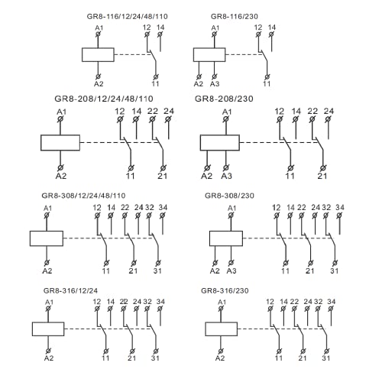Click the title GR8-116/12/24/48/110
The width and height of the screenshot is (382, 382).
point(127,17)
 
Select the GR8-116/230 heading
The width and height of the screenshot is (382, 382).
point(235,17)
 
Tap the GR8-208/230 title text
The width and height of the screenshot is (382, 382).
point(224,99)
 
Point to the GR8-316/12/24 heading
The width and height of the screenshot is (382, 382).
point(70,290)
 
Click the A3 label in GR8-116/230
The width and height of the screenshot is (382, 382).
point(215,84)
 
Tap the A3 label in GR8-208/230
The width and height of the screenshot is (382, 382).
point(226,176)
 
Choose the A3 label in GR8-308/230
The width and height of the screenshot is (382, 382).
point(231,271)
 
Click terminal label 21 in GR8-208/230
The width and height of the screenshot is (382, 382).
point(322,176)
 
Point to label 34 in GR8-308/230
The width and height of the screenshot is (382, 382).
point(340,208)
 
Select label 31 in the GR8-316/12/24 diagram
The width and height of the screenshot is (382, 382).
point(155,358)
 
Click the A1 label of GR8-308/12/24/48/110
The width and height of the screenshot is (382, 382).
point(47,209)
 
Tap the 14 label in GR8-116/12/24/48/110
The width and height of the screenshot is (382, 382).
point(160,28)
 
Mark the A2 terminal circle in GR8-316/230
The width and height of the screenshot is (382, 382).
point(221,351)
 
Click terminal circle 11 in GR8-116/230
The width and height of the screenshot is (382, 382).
point(267,77)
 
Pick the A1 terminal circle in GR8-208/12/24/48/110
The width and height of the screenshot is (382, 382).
point(60,119)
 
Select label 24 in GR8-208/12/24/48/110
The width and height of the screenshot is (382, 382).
point(169,111)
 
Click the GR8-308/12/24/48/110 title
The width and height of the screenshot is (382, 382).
point(83,196)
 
